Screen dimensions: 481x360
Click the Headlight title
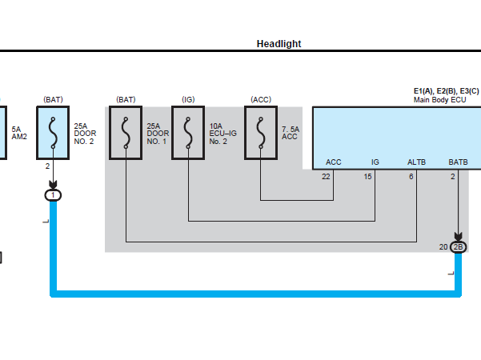[279, 44]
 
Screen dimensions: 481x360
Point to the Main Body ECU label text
[439, 100]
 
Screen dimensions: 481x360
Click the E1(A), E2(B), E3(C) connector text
[446, 91]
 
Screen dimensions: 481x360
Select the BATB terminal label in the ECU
[458, 162]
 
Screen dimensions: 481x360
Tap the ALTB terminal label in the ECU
[416, 162]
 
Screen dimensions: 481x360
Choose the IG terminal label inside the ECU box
[375, 162]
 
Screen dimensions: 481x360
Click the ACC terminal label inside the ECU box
[334, 162]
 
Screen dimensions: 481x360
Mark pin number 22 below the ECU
[326, 177]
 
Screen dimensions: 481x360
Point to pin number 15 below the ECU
[367, 177]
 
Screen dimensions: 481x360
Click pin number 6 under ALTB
[411, 177]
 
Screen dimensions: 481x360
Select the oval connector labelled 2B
[458, 247]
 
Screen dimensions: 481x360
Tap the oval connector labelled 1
[53, 195]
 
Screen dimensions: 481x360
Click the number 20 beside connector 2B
[443, 247]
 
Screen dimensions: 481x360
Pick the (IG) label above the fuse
[188, 100]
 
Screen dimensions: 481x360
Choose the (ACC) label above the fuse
[261, 100]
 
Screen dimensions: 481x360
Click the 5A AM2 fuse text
[19, 133]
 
